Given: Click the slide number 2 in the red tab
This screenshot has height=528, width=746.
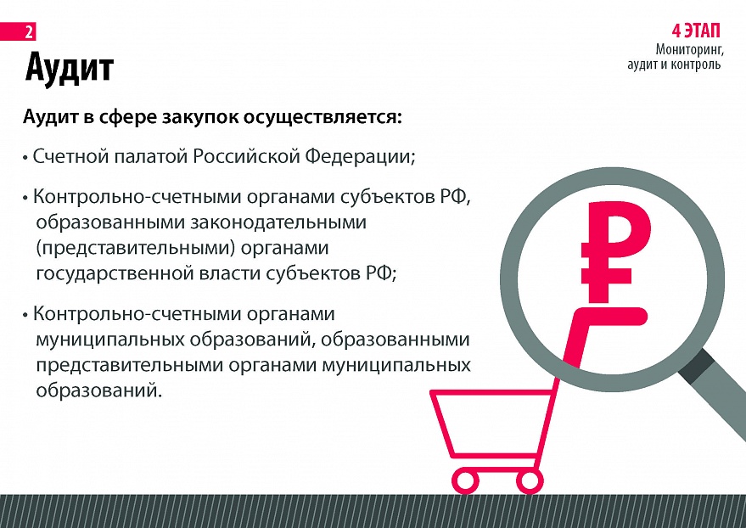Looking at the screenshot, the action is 29,32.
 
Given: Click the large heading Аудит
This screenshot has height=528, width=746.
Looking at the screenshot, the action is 70,67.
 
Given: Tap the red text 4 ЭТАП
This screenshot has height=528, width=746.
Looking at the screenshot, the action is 696,31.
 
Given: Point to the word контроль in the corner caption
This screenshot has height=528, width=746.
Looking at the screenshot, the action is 697,65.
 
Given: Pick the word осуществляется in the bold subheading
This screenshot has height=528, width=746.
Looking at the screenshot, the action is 323,117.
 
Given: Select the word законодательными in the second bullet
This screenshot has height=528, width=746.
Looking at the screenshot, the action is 278,222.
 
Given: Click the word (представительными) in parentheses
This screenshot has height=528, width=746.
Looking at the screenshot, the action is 136,249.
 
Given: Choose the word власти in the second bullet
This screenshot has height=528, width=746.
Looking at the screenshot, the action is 230,274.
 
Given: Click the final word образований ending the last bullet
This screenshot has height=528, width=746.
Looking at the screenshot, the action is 99,390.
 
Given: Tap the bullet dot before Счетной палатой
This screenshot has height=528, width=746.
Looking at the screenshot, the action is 25,157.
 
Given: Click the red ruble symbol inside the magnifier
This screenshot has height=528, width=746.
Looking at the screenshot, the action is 614,252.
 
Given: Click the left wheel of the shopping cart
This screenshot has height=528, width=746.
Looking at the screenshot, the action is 464,480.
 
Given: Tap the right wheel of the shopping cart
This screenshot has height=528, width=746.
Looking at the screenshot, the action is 530,480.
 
